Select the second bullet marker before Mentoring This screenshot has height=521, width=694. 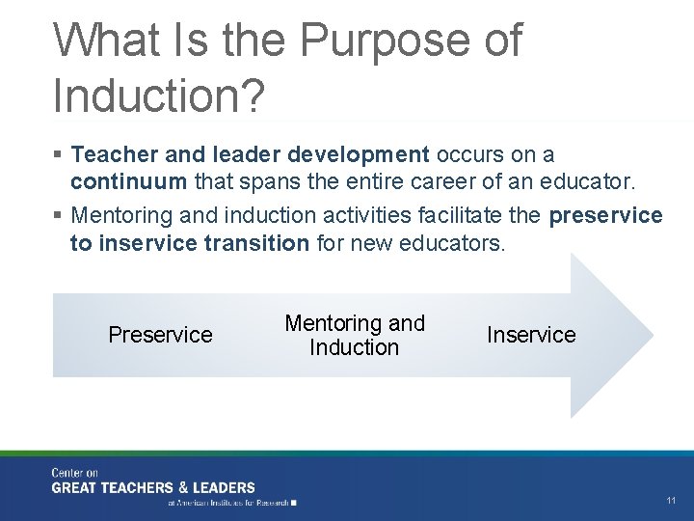click(x=59, y=215)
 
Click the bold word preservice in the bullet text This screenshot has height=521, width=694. click(x=605, y=214)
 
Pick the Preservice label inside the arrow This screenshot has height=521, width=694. click(x=160, y=335)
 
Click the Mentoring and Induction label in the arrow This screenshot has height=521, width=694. click(x=354, y=335)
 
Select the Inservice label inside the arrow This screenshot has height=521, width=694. click(x=531, y=335)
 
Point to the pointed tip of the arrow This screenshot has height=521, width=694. click(x=652, y=335)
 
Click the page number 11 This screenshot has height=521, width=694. click(x=671, y=500)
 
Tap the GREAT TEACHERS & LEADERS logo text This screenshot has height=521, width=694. click(x=154, y=487)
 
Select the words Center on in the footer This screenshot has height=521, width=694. click(x=75, y=472)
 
